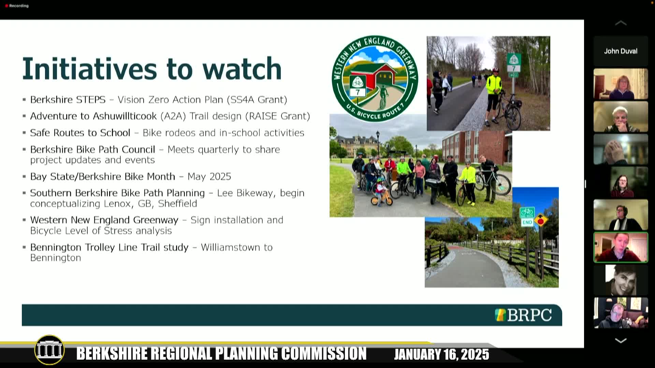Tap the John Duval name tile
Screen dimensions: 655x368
coord(621,51)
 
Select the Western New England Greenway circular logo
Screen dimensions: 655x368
coord(375,78)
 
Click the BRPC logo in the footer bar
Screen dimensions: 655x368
coord(523,315)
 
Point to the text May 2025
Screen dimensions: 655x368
coord(209,177)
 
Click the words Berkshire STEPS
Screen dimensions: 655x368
coord(68,99)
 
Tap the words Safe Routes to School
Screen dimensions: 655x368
coord(80,133)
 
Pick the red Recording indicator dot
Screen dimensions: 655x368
coord(6,6)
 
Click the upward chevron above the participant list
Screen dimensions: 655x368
coord(621,23)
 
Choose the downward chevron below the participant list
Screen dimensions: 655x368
coord(621,340)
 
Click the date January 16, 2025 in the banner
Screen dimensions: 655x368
coord(441,354)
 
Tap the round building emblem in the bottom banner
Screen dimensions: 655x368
coord(49,350)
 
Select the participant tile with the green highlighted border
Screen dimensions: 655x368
coord(621,247)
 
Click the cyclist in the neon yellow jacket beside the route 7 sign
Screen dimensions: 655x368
coord(494,94)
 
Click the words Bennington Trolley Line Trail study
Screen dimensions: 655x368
coord(109,247)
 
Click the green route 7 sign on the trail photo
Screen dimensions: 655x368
coord(513,62)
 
